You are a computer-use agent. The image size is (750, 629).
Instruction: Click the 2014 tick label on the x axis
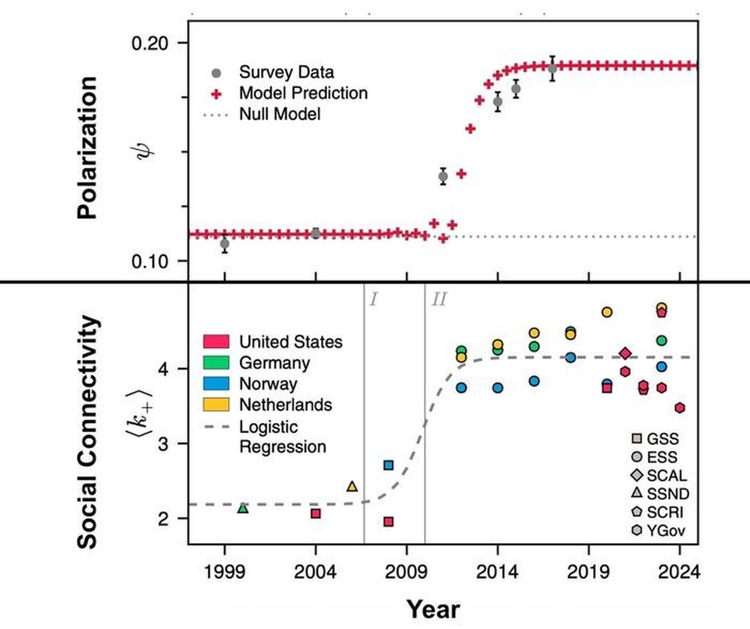[x=497, y=571]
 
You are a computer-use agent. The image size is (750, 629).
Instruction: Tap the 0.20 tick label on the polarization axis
[x=149, y=43]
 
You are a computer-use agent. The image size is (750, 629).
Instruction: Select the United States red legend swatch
[x=216, y=341]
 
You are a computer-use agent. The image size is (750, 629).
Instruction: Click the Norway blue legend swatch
[x=216, y=383]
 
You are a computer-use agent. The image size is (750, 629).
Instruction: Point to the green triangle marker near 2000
[x=243, y=508]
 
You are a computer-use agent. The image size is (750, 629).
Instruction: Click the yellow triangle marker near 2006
[x=352, y=486]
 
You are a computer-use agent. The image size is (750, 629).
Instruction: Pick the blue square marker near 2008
[x=388, y=465]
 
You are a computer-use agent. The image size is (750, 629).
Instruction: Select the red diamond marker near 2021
[x=625, y=353]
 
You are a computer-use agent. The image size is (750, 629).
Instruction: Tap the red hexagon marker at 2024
[x=680, y=407]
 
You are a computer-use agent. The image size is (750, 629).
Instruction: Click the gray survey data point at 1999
[x=225, y=243]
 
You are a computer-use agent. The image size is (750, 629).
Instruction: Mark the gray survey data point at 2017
[x=552, y=69]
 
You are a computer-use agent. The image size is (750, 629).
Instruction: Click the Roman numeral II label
[x=438, y=299]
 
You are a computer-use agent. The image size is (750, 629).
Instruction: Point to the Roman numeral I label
[x=373, y=299]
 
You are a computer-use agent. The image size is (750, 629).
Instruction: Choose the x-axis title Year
[x=433, y=609]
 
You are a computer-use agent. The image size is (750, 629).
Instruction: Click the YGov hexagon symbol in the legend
[x=637, y=530]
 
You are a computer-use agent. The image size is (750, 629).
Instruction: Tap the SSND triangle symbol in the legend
[x=637, y=492]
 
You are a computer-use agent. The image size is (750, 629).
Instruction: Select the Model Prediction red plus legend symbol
[x=216, y=93]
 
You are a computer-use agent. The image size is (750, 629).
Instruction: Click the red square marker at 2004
[x=316, y=513]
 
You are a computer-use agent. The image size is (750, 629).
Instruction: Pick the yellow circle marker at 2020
[x=606, y=312]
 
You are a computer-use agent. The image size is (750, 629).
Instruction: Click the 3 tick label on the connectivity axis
[x=163, y=444]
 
